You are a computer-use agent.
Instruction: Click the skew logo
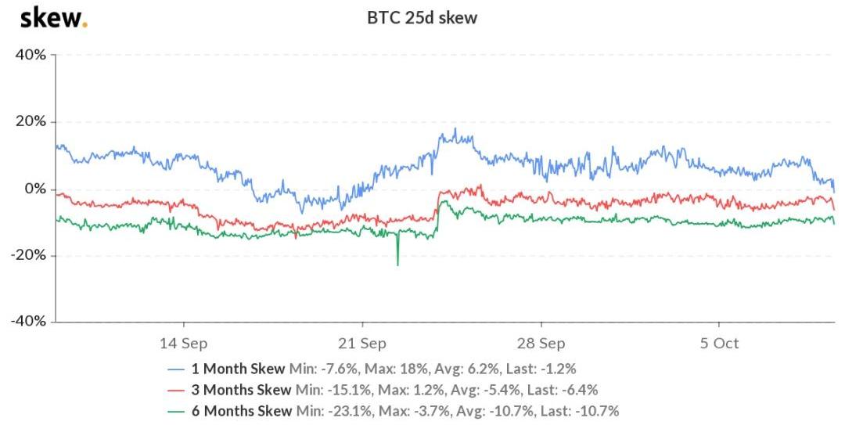[53, 16]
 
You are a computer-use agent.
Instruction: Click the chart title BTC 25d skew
[422, 17]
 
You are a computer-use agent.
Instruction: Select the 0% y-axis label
[35, 189]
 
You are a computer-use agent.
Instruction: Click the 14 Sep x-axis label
[184, 344]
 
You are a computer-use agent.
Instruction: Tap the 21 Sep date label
[362, 344]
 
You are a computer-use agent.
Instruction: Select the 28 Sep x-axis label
[541, 344]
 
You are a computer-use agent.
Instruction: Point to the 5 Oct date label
[719, 344]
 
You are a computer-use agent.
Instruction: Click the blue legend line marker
[177, 369]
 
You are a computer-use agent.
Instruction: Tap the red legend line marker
[177, 390]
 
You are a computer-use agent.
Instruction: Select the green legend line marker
[177, 411]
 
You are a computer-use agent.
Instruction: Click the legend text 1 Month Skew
[240, 369]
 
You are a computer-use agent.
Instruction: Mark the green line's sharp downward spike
[397, 263]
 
